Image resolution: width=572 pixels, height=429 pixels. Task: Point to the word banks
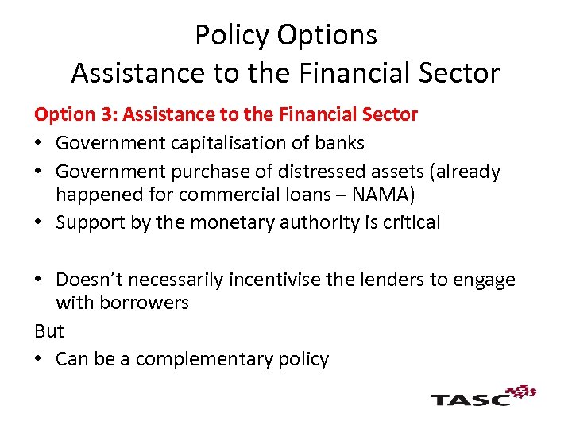339,143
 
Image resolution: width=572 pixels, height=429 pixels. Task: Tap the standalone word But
48,330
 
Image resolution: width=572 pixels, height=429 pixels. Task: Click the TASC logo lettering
470,397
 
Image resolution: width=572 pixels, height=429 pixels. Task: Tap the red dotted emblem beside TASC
521,391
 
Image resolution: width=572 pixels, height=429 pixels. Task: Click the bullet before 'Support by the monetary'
40,223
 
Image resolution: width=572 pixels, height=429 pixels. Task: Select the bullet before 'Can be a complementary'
40,360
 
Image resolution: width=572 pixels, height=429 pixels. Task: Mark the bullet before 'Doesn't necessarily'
40,280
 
